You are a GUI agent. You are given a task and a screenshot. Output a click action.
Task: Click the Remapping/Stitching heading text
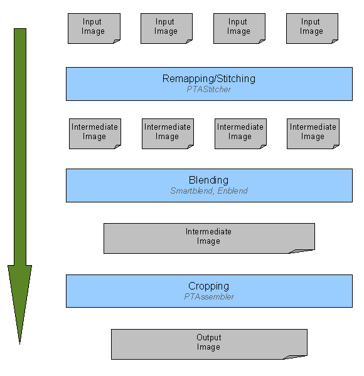[208, 79]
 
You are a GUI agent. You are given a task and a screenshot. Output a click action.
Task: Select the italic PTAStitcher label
[208, 89]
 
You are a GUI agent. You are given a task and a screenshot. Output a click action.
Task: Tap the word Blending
[208, 180]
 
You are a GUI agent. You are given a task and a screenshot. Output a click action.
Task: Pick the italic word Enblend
[232, 191]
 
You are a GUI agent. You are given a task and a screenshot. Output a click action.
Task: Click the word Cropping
[208, 286]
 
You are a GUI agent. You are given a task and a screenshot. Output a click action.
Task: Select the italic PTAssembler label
[209, 296]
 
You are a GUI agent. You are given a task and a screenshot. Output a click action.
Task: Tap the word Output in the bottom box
[208, 337]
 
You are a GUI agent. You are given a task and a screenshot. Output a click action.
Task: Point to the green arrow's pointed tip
[19, 344]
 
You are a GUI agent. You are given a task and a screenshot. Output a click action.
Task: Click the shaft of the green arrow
[20, 147]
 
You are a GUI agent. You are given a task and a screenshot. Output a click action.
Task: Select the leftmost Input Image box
[94, 29]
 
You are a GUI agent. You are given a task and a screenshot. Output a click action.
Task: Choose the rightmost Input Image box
[312, 29]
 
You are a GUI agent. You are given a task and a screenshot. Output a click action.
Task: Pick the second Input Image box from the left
[167, 29]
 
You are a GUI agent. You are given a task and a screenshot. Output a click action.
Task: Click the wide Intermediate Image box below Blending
[209, 238]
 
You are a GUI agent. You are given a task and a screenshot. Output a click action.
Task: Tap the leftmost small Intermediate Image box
[95, 134]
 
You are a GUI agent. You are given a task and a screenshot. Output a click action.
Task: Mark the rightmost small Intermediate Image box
[313, 134]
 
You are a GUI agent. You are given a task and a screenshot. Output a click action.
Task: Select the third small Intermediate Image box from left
[240, 134]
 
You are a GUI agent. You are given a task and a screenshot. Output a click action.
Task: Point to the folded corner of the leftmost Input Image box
[117, 42]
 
